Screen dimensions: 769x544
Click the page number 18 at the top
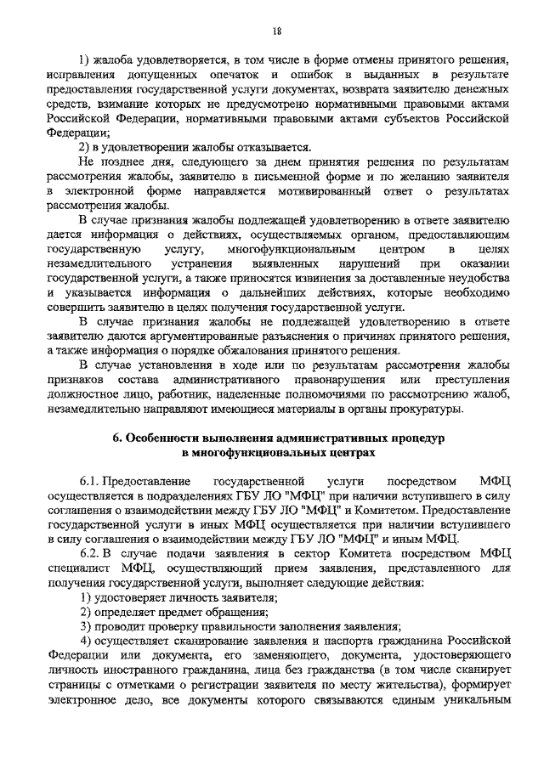coord(276,31)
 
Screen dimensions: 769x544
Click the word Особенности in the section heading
coord(167,438)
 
